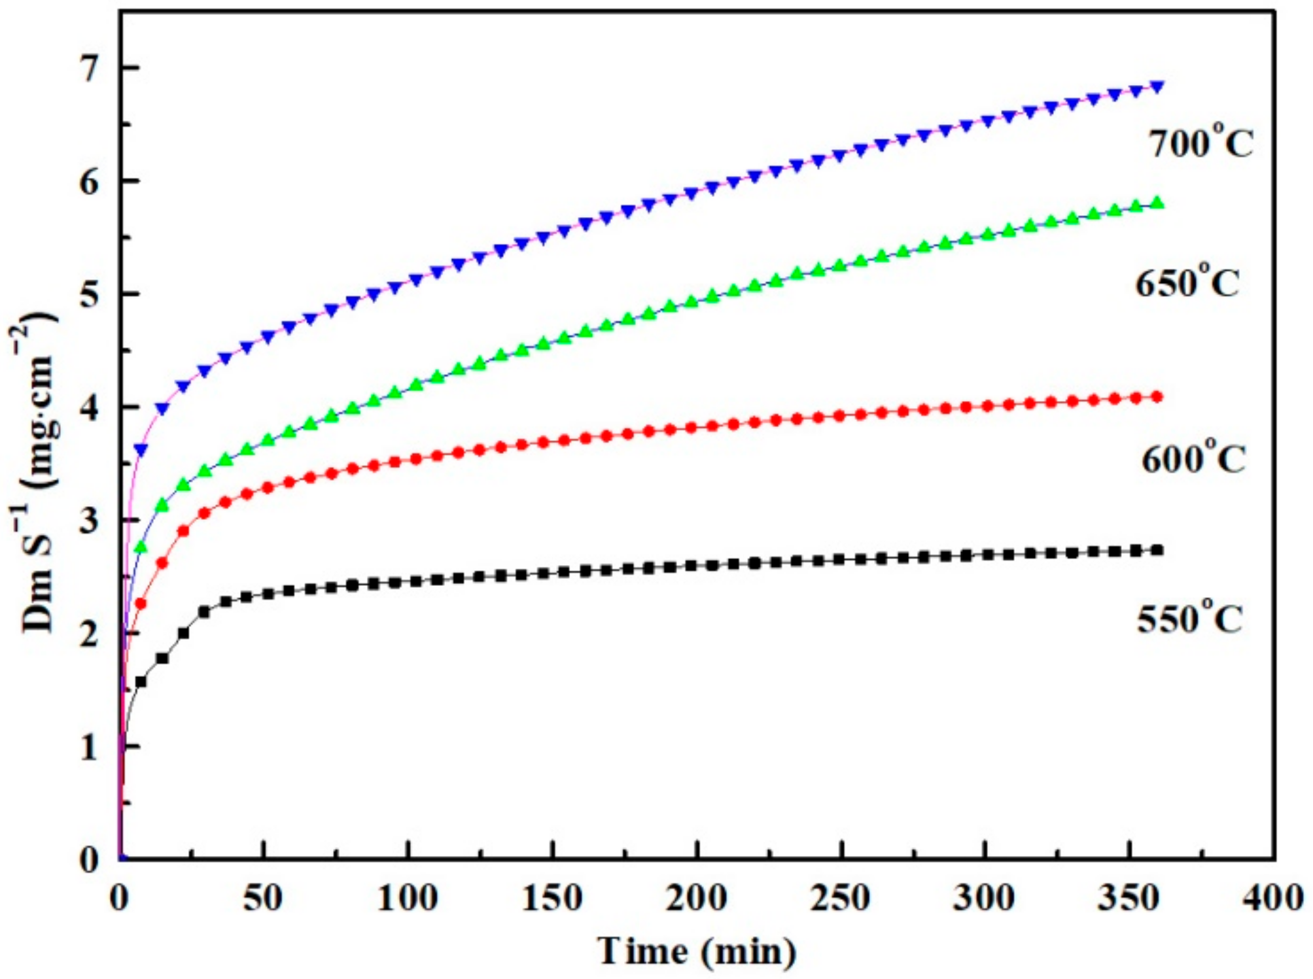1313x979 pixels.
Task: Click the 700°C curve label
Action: click(x=1201, y=143)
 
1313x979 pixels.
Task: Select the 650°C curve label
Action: click(x=1187, y=283)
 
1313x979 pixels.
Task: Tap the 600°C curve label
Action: click(x=1193, y=458)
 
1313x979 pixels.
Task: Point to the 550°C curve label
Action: click(x=1189, y=619)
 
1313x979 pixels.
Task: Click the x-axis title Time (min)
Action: click(x=697, y=952)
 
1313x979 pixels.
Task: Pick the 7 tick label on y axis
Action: click(x=90, y=68)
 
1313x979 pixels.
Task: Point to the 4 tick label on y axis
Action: click(x=90, y=407)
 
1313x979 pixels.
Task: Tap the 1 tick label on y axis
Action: click(x=90, y=747)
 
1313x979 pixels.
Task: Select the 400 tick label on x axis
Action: click(x=1273, y=898)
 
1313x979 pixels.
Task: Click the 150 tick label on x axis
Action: click(x=552, y=898)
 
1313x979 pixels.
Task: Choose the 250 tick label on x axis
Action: click(x=841, y=898)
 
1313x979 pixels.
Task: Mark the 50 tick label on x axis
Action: click(x=263, y=898)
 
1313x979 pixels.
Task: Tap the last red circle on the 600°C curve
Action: click(x=1157, y=396)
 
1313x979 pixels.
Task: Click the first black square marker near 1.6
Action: click(x=141, y=681)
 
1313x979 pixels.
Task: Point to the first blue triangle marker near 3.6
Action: click(x=141, y=450)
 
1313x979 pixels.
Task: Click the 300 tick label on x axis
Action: click(x=985, y=898)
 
